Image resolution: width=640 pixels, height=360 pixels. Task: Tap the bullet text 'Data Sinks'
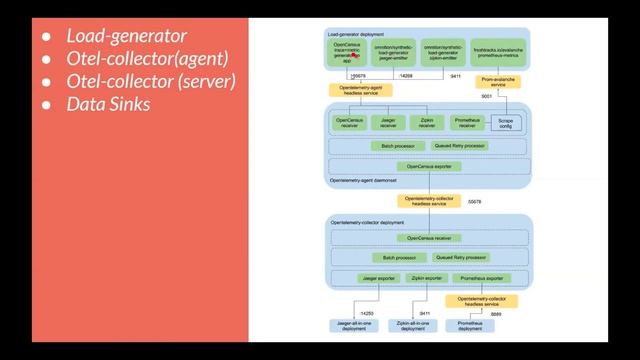click(x=108, y=103)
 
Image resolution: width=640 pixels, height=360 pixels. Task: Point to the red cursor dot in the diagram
click(x=356, y=56)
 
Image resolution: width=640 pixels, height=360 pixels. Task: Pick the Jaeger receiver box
click(x=388, y=123)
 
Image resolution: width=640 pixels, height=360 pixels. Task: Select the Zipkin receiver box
click(x=427, y=123)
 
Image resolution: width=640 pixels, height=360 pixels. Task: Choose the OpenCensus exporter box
click(x=428, y=165)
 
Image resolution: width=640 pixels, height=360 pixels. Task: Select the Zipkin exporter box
click(x=427, y=278)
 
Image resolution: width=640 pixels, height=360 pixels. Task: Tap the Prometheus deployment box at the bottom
click(x=476, y=326)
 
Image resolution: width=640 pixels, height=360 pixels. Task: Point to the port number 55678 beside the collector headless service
click(x=474, y=201)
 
